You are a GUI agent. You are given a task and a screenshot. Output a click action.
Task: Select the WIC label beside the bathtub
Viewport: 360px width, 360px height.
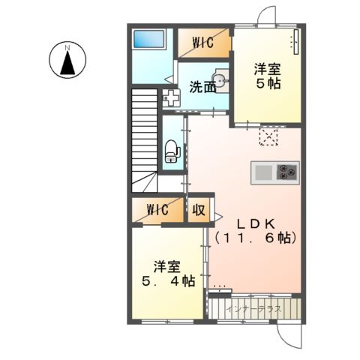(203, 43)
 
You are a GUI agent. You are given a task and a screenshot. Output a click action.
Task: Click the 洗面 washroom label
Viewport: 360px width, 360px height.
(202, 86)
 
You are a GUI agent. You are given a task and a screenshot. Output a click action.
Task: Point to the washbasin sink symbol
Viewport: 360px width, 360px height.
(219, 79)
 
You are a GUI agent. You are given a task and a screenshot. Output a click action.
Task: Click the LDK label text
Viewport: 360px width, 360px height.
(256, 223)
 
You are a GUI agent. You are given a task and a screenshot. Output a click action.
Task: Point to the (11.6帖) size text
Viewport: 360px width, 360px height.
(256, 238)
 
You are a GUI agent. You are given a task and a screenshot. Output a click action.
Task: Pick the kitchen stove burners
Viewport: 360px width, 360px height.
(287, 172)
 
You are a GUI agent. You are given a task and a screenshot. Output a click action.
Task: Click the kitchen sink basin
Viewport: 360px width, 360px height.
(264, 172)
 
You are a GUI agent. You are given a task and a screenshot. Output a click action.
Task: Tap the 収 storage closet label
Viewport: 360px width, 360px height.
(200, 209)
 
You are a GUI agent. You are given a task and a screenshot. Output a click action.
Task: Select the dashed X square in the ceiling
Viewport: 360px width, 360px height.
(268, 136)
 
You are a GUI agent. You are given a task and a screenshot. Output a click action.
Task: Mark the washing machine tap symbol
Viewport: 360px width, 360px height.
(171, 97)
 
